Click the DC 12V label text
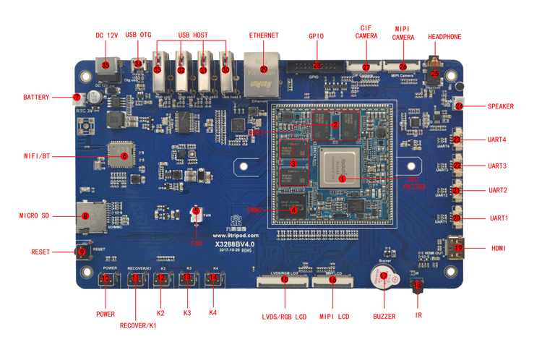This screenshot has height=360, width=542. point(106,35)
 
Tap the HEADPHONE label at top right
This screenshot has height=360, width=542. point(444,37)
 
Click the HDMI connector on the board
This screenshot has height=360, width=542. point(458,247)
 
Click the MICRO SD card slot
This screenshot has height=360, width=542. point(85,215)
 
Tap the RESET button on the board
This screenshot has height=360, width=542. point(82,252)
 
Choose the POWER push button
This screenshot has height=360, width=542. point(106,278)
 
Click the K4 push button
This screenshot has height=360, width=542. point(212,278)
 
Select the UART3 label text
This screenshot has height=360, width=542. point(497,166)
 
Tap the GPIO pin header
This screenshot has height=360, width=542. point(317,66)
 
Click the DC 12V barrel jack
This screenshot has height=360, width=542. point(106,66)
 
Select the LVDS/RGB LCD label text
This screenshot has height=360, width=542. point(285,317)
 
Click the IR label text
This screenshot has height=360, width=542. point(419,315)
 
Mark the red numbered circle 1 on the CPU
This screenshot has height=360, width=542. point(343,177)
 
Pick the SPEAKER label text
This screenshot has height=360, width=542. point(501,106)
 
